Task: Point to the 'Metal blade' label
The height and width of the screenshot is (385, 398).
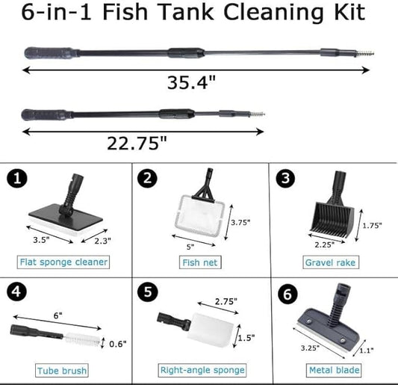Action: tap(333, 370)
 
